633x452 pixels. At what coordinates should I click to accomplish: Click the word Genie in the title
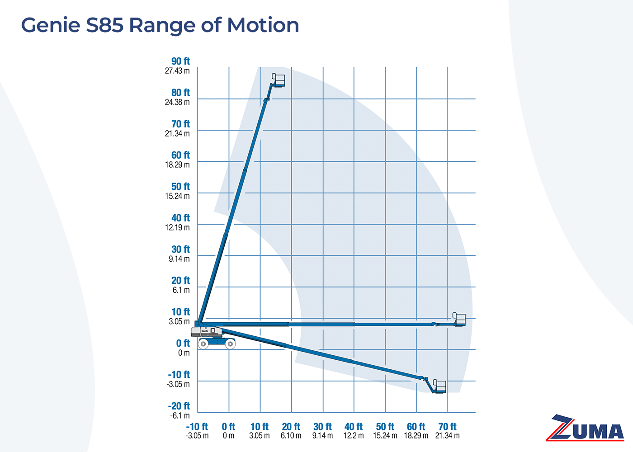[51, 25]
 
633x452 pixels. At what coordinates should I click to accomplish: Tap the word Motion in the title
[263, 25]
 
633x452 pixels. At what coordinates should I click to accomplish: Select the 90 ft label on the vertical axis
[180, 61]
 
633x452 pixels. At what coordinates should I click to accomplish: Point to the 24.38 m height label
[177, 102]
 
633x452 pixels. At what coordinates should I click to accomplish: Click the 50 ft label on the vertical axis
[180, 187]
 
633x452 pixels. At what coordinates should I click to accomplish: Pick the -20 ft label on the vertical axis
[179, 406]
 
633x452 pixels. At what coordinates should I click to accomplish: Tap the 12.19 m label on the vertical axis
[177, 227]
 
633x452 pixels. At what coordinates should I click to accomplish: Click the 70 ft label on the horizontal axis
[447, 427]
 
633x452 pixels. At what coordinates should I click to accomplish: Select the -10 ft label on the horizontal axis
[197, 427]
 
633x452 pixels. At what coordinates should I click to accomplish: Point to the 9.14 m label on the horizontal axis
[322, 436]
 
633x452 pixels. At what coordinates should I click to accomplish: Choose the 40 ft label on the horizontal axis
[354, 427]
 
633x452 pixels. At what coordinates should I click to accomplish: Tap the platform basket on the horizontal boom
[459, 319]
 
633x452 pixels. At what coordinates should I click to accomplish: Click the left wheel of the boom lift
[203, 344]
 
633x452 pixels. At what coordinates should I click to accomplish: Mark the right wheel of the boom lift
[231, 344]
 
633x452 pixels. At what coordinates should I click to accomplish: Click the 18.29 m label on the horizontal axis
[416, 436]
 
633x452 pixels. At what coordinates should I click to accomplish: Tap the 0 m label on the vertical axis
[184, 353]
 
